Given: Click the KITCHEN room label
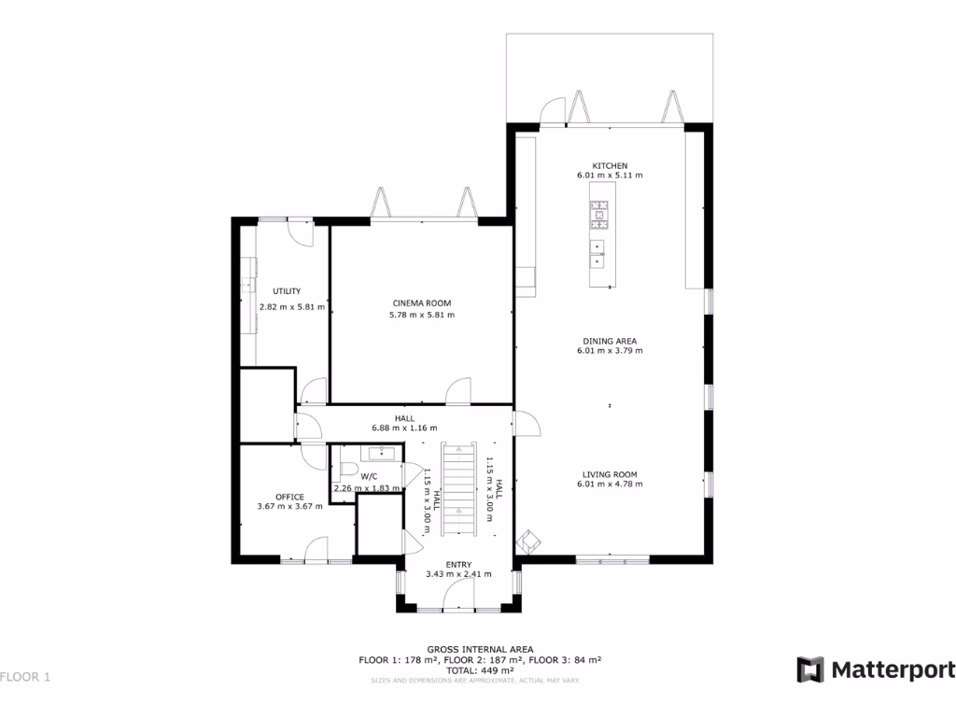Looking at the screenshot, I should (610, 165).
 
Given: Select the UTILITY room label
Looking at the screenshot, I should (287, 291).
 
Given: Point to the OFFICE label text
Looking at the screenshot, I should (289, 496).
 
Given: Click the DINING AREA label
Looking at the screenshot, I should (610, 341).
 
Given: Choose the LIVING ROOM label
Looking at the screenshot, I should (610, 473).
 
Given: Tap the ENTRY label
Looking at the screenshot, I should (458, 564).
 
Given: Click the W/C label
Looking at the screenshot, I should (369, 476).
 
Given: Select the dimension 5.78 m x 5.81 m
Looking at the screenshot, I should (421, 315).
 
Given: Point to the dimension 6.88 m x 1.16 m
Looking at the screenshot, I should (404, 429).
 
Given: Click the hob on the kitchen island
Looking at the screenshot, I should (598, 215).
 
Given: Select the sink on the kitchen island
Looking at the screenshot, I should (597, 254).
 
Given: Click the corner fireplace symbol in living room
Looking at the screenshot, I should (529, 540).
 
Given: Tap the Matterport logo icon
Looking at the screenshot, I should (810, 669).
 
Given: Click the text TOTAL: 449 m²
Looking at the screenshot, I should (480, 670).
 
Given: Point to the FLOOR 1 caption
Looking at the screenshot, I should (25, 677).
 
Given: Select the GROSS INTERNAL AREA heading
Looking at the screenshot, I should (480, 649).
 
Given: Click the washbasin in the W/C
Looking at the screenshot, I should (383, 454).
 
